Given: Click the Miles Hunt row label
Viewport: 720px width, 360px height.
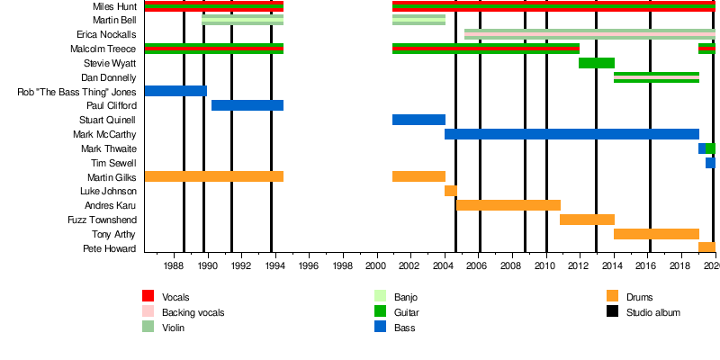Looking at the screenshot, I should tap(114, 6).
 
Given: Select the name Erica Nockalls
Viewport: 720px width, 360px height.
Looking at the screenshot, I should tap(106, 34).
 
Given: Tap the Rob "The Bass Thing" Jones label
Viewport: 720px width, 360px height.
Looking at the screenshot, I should tap(77, 92).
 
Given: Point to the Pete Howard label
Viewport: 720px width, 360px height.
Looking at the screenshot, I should tap(110, 248).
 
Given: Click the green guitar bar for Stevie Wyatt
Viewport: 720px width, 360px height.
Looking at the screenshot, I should tap(596, 63).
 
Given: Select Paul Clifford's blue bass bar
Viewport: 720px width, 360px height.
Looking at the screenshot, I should tap(247, 105).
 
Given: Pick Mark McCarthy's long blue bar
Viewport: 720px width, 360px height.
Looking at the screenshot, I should tap(571, 134).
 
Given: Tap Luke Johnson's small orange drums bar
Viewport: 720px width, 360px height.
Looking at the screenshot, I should tap(451, 191).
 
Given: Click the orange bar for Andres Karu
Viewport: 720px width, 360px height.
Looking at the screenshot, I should tap(508, 205).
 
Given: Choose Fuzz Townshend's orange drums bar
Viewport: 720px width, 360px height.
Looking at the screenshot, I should tap(587, 220).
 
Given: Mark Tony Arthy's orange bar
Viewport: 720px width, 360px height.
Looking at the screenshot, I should tap(656, 234).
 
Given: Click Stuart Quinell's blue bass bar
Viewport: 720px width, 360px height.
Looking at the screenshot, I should tap(418, 120).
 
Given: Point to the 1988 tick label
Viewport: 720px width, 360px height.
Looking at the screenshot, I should tap(174, 267).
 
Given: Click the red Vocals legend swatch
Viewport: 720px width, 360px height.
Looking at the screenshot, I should tap(148, 296).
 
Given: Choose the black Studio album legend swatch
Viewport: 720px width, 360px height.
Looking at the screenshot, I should tap(612, 312).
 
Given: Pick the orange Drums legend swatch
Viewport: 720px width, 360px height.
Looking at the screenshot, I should tap(612, 296).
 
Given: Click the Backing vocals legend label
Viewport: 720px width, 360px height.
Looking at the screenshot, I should tap(193, 312).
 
